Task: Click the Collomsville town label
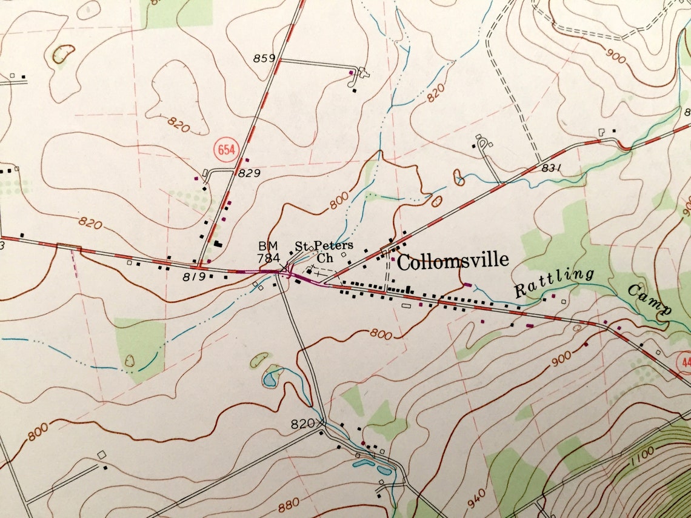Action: point(452,261)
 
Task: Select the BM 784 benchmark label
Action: point(268,251)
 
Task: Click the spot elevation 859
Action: point(265,59)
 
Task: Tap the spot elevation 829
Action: point(249,173)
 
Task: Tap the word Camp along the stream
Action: point(649,299)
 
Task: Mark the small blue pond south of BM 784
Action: point(270,379)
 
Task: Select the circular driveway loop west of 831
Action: point(483,144)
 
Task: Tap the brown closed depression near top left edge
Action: point(63,55)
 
